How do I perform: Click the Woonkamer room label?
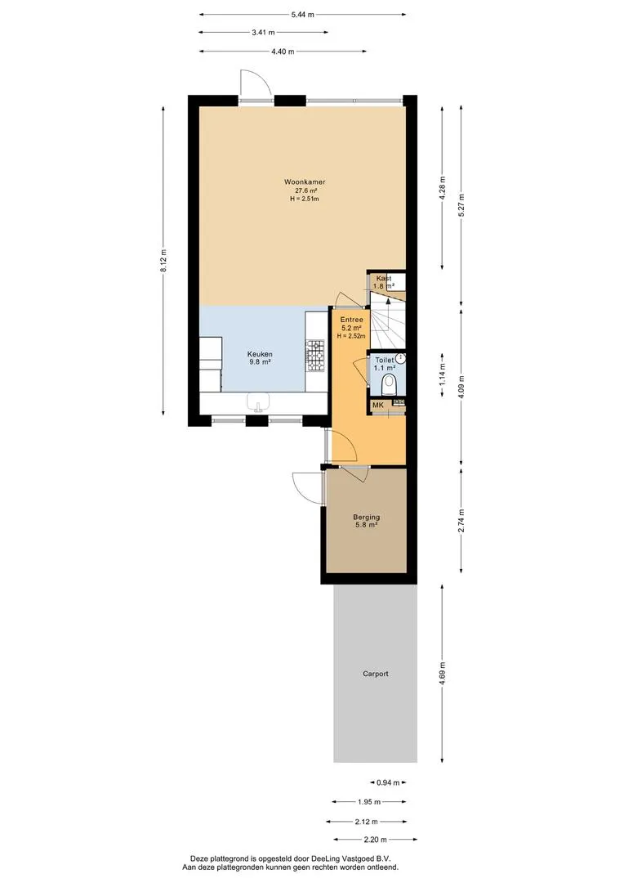tap(305, 182)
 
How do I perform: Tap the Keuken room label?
tap(260, 354)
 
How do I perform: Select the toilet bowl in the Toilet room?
tap(389, 386)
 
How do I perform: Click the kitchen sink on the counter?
tap(259, 402)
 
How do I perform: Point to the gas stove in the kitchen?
tap(315, 356)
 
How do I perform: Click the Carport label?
tap(376, 674)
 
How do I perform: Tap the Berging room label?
tap(366, 517)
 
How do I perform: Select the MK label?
tap(377, 405)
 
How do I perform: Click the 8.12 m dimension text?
tap(163, 261)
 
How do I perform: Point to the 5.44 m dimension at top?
tap(303, 15)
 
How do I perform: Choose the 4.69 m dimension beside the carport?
tap(442, 674)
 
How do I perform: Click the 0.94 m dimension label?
tap(388, 782)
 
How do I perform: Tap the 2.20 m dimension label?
tap(376, 840)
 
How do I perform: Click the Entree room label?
tap(352, 320)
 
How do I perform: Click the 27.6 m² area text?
tap(305, 190)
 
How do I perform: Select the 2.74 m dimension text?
tap(461, 522)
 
